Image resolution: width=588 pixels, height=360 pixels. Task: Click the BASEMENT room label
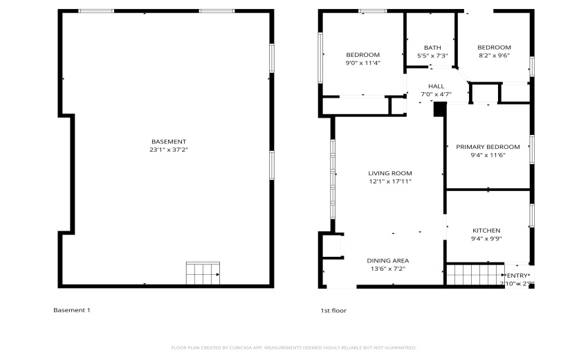pos(168,141)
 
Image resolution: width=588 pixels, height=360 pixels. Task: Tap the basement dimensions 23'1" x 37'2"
pos(168,150)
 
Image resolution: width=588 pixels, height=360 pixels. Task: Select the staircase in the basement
pos(203,273)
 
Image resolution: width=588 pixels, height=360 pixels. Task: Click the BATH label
pos(432,47)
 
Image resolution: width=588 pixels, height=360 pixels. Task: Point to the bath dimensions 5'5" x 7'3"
pos(432,55)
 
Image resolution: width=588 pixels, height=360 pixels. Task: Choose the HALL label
pos(436,86)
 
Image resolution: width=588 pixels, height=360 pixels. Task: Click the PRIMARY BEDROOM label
pos(488,147)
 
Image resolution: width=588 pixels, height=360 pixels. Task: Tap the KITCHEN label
pos(486,231)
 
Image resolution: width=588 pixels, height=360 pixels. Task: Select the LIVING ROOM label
pos(389,173)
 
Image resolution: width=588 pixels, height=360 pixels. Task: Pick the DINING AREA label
pos(387,260)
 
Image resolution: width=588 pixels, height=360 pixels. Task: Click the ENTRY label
pos(517,276)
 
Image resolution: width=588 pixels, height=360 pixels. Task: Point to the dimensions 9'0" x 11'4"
pos(362,63)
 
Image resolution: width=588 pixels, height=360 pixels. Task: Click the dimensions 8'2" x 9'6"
pos(494,56)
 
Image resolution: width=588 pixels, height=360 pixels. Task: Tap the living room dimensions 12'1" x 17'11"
pos(389,181)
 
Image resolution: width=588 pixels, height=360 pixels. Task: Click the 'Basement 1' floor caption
pos(71,310)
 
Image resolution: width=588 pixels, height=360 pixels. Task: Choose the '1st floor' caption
pos(333,311)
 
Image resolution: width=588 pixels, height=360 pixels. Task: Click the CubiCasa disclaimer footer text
pos(293,348)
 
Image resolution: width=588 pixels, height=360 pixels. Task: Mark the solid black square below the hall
pos(439,109)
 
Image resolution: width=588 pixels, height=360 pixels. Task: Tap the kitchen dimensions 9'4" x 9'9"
pos(486,239)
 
